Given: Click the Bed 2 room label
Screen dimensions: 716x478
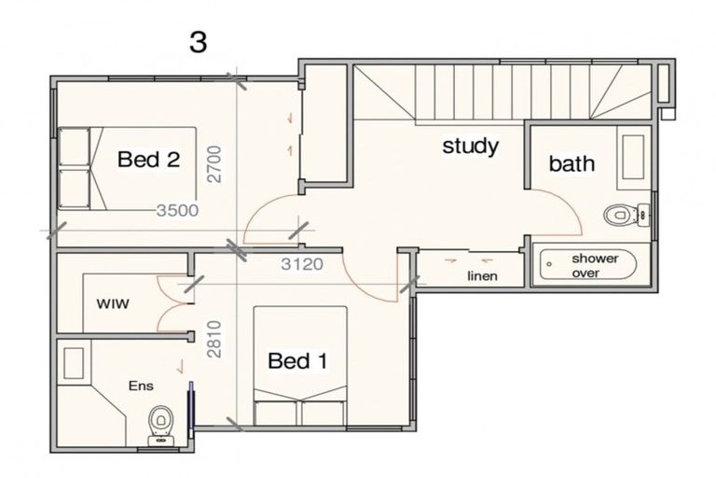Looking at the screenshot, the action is coord(148,160).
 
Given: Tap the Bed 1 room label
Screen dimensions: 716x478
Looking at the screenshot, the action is coord(297,360).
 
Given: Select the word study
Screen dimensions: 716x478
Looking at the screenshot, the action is coord(470,147).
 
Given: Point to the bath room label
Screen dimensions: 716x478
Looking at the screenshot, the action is coord(571,163).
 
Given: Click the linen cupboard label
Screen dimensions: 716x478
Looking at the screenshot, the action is coord(482,275).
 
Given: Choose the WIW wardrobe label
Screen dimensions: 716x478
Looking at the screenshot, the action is coord(113,303).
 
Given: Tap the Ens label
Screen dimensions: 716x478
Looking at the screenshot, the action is coord(141,386).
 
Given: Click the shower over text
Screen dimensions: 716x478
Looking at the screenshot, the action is coord(595,265).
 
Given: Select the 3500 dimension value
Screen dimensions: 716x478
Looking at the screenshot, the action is coord(177,210).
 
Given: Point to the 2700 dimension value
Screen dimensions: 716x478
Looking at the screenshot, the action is coord(213,164).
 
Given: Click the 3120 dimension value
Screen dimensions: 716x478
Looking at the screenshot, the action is coord(302,264).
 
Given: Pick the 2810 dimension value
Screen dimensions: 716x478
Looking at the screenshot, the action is coord(213,339).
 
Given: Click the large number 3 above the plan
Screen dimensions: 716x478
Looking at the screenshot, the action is coord(199,43).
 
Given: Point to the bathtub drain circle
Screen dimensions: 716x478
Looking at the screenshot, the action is coord(549,264).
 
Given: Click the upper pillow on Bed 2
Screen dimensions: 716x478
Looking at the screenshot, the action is coord(74,147).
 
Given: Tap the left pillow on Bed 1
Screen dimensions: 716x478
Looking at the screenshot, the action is coord(275,413).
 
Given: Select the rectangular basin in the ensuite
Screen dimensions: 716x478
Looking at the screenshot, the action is coord(74,363).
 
